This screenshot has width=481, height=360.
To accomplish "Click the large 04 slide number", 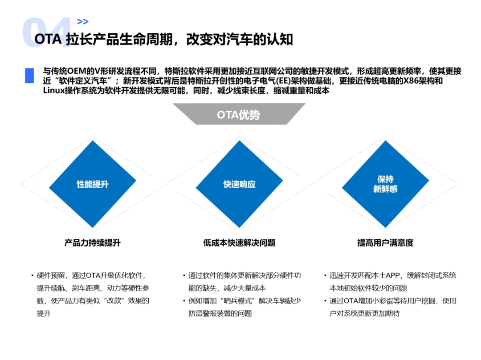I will tap(46, 32).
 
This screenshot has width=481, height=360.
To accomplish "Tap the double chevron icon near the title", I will tap(82, 21).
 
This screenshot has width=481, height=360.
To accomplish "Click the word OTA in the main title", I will tap(48, 40).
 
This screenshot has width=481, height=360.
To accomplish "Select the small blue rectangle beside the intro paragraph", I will tap(29, 75).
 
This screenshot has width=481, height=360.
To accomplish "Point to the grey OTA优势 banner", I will tap(239, 114).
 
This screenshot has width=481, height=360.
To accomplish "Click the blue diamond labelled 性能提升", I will tap(93, 184).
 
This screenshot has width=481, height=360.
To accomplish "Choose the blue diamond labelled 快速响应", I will tap(240, 184).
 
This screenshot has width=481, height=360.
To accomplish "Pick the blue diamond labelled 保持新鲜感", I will tap(385, 184).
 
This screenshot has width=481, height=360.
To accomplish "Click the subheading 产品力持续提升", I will tap(92, 243).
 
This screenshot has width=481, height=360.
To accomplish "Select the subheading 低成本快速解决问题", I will tap(239, 243).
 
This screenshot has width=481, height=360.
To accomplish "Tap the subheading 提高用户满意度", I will tap(385, 243).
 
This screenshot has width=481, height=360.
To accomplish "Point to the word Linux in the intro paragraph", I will tap(53, 91).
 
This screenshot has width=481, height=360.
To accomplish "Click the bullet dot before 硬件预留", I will tap(32, 275).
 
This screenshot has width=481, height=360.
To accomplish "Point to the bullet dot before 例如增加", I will tap(184, 301).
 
